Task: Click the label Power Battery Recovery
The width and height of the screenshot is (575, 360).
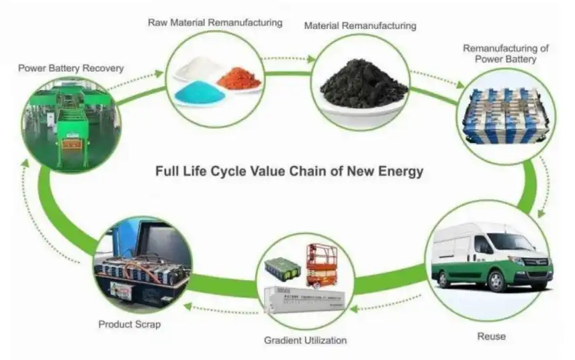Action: click(71, 69)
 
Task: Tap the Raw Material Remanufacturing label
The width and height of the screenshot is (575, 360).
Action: click(215, 23)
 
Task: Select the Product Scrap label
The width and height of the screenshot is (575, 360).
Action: click(130, 324)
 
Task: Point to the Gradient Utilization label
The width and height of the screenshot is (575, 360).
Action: click(306, 341)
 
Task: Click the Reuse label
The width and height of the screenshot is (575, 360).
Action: click(492, 336)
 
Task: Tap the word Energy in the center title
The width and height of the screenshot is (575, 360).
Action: click(401, 171)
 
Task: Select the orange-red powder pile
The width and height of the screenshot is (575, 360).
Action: click(238, 78)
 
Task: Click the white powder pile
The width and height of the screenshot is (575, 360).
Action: click(198, 67)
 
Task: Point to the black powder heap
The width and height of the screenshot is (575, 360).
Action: click(364, 85)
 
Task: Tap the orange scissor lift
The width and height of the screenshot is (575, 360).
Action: click(321, 265)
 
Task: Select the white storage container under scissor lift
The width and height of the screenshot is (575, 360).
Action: click(305, 299)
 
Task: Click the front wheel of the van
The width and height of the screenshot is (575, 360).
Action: click(497, 281)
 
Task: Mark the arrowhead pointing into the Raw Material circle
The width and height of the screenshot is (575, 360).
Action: click(159, 73)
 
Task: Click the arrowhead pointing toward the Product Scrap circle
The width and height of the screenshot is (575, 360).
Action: click(188, 306)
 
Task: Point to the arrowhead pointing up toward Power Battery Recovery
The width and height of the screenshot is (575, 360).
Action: click(25, 164)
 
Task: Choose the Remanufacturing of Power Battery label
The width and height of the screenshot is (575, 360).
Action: click(506, 54)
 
